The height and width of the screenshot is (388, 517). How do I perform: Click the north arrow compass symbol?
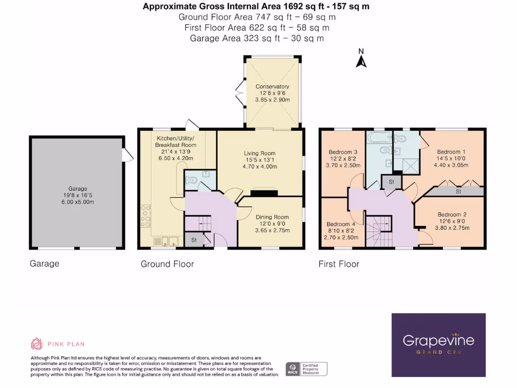coord(361,59)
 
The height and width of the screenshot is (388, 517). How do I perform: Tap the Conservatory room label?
coord(272,86)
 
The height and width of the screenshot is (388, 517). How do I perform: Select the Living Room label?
coord(260,153)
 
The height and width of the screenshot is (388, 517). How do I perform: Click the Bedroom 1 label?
coord(451,152)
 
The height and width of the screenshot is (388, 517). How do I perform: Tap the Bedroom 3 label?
coord(343,152)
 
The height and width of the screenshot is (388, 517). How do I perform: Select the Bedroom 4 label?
coord(341,224)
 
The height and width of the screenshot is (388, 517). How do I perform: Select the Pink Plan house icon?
coord(37,344)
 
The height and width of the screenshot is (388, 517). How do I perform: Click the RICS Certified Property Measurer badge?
coord(306,368)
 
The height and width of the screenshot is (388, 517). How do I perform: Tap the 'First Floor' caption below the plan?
coord(338,264)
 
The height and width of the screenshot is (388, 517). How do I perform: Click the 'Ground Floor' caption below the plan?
coord(167,264)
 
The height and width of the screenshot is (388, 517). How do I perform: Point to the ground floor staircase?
coord(197,223)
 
